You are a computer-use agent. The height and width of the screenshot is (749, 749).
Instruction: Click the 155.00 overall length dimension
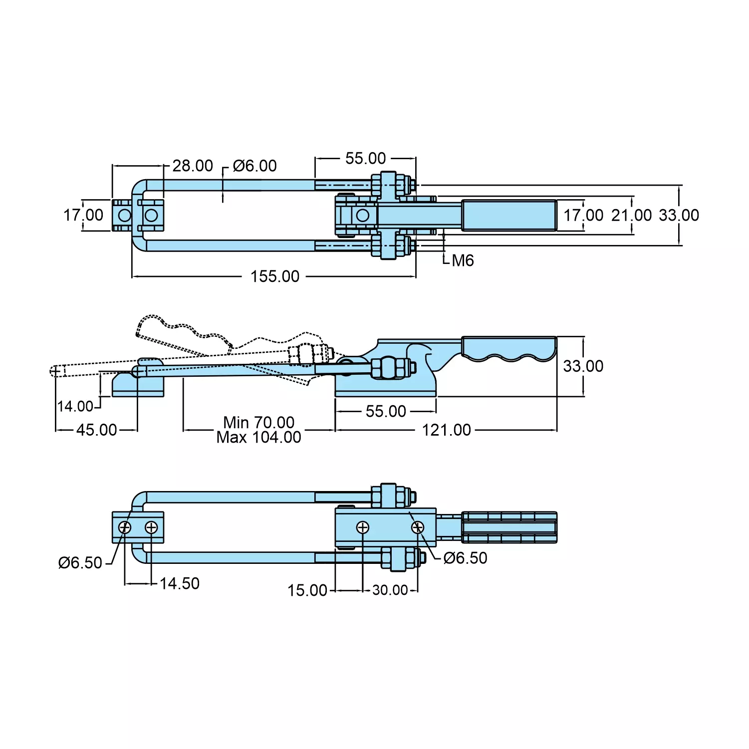pos(275,276)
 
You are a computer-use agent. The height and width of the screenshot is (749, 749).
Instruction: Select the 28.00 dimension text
pos(193,166)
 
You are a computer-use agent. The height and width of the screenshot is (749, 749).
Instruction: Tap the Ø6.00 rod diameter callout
pos(254,166)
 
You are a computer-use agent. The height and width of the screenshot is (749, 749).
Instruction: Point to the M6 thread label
pos(463,260)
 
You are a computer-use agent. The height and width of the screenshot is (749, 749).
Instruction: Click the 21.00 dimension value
pos(631,216)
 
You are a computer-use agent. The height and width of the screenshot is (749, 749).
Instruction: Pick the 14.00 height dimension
pos(75,406)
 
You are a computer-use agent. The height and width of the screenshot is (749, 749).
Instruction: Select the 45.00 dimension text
pos(96,430)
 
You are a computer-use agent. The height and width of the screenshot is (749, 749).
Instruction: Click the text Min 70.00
pos(258,422)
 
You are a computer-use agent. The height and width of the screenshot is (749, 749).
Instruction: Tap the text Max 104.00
pos(258,438)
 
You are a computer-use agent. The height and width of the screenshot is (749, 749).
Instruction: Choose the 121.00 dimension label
pos(446,430)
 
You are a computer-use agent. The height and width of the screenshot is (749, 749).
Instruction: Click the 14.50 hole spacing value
pos(179,583)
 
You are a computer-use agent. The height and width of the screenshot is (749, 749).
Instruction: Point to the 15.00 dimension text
pos(307,590)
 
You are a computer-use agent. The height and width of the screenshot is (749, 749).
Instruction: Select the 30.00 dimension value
pos(390,590)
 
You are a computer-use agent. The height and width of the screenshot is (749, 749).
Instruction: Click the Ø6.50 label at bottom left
pos(80,563)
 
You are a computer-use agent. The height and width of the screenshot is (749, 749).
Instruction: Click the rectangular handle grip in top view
pos(509,216)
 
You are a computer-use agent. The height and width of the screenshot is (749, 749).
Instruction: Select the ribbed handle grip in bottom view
pos(509,527)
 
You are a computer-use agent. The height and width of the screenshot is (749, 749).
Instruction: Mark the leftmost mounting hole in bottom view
pos(124,527)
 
